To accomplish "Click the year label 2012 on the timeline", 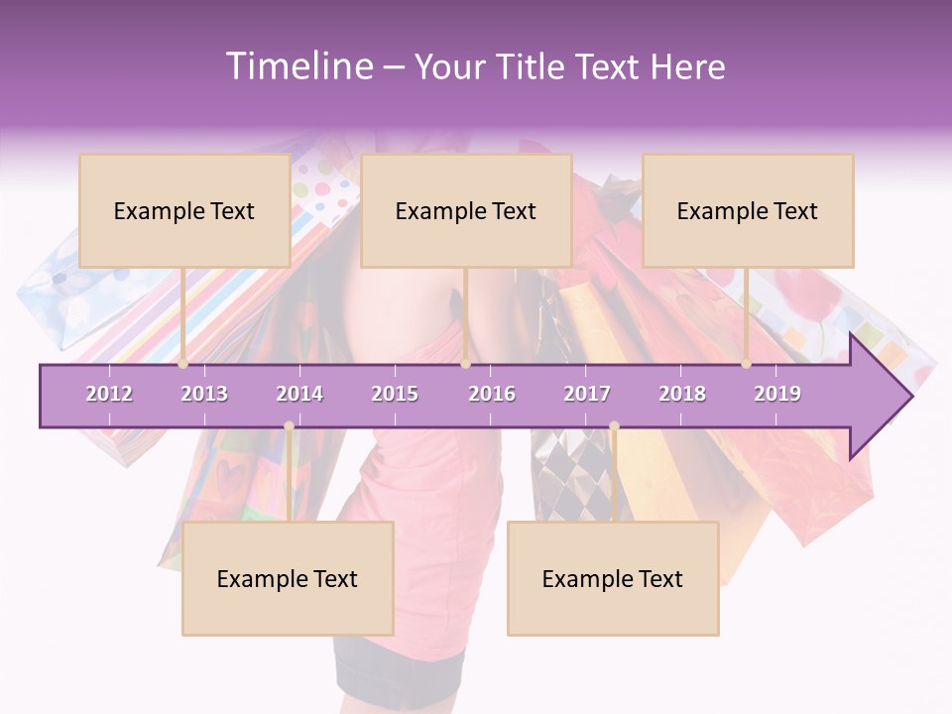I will [x=109, y=394].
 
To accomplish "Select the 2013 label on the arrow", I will [x=204, y=394].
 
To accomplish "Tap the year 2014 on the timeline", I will [x=299, y=394].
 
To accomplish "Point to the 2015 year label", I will [x=395, y=394].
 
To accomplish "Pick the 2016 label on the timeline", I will [x=492, y=394].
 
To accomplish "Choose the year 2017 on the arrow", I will [x=587, y=394].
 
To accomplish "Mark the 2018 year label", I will [x=682, y=394].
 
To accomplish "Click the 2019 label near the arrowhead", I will [x=777, y=394].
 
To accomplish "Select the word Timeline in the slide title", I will [x=298, y=66].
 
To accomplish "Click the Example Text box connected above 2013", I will [x=184, y=210].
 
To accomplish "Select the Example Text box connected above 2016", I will [x=466, y=210].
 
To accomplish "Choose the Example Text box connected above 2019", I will [x=748, y=210].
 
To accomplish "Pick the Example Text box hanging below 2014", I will [x=288, y=578].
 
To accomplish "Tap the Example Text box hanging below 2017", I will [x=613, y=578].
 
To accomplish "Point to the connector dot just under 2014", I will [x=289, y=426].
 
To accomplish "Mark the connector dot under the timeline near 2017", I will [x=614, y=426].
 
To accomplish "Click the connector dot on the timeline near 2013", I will [x=183, y=363].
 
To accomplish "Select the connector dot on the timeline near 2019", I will [x=746, y=363].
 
